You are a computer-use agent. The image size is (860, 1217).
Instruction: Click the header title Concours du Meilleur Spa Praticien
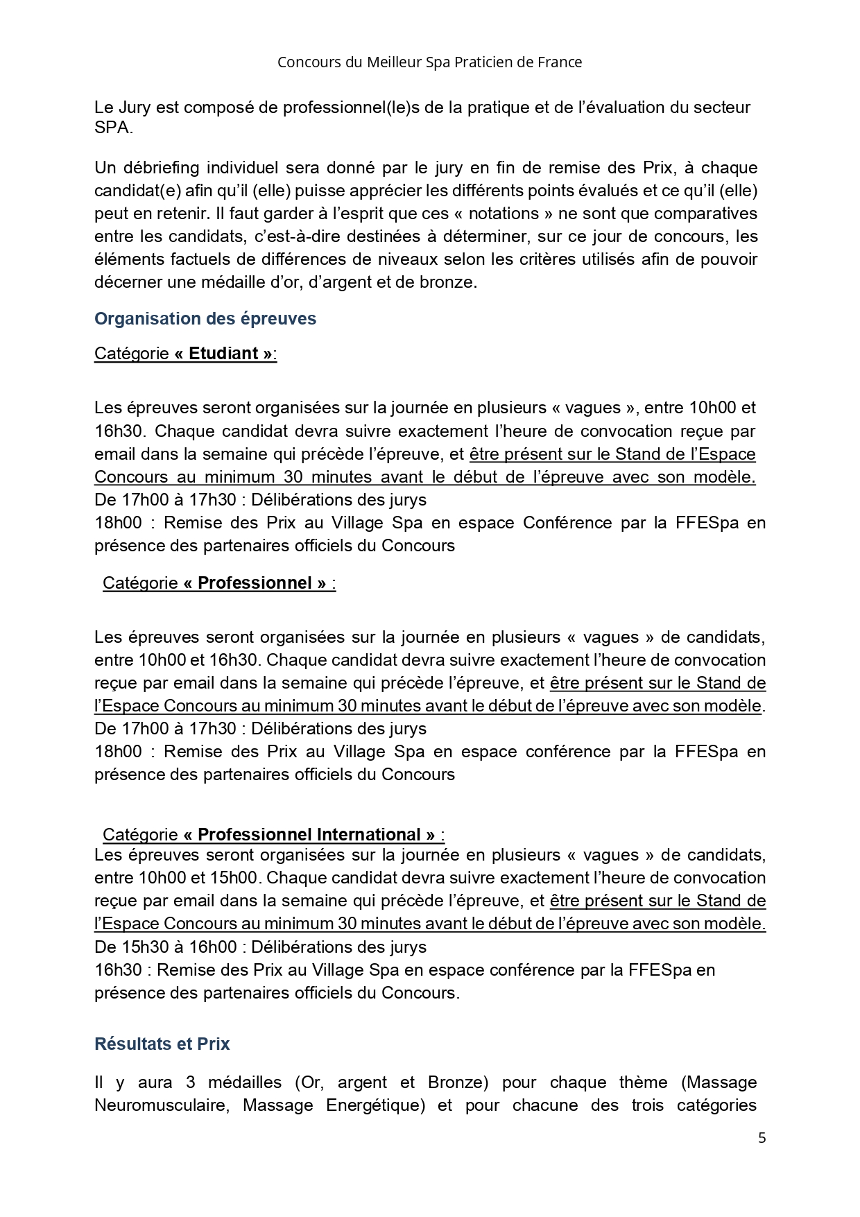(x=429, y=62)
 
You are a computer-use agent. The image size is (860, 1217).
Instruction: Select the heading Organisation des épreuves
(x=205, y=319)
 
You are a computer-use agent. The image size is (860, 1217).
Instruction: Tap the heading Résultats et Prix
(x=162, y=1044)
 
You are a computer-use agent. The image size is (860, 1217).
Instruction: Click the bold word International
(x=368, y=834)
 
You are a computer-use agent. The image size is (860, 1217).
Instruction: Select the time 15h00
(x=234, y=878)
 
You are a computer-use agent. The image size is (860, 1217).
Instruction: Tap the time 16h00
(x=214, y=947)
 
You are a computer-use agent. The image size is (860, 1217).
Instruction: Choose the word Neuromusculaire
(x=161, y=1105)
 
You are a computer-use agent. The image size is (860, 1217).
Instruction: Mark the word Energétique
(x=375, y=1105)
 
